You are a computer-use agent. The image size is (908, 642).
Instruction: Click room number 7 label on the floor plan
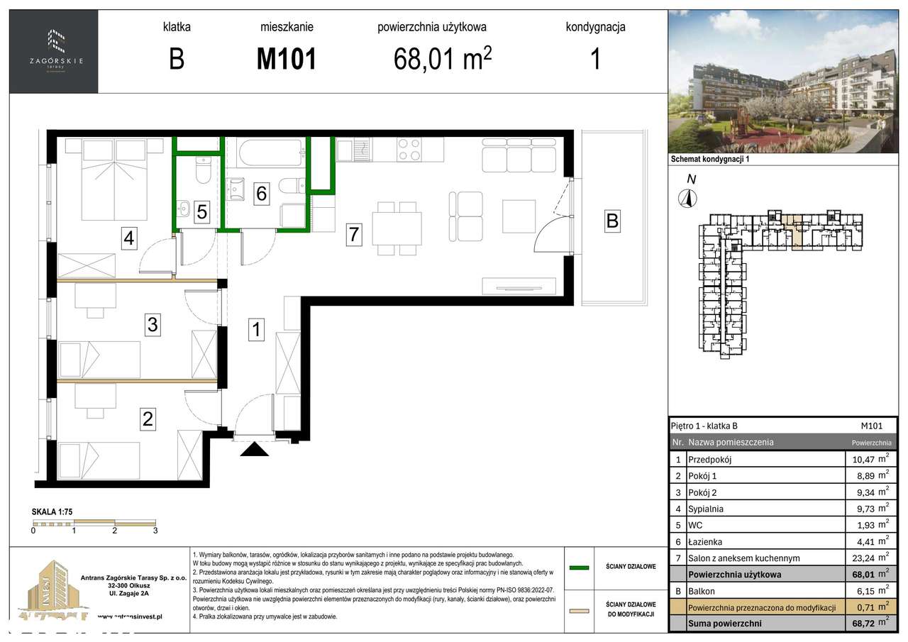355,234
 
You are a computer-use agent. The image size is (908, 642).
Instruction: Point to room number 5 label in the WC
202,211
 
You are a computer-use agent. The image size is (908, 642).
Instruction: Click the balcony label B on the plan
611,221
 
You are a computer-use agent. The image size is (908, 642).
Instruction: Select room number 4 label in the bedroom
128,238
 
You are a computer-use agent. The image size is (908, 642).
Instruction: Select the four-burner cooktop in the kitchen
409,149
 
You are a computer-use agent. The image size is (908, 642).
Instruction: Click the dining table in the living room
397,228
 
